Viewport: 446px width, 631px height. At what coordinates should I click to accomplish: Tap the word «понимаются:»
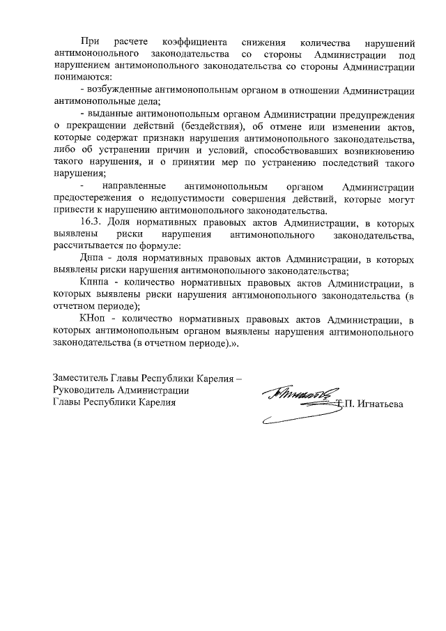coord(82,79)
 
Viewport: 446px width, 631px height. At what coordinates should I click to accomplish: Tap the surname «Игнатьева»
coord(381,404)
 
